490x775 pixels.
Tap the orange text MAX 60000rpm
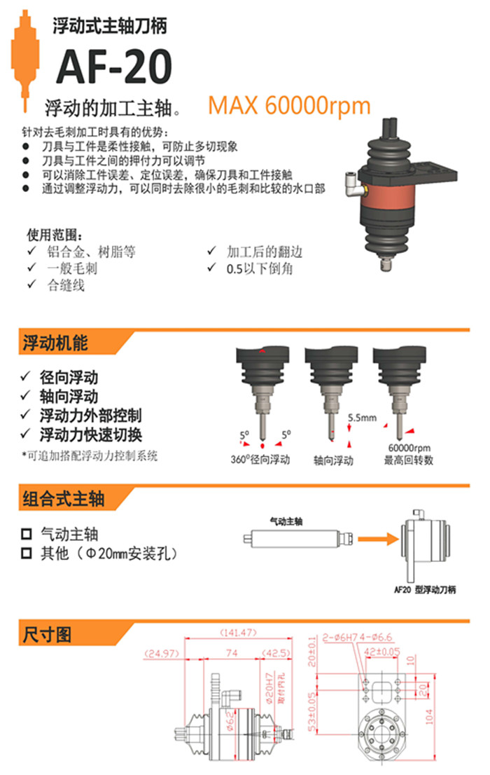[289, 106]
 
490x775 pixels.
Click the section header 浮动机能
[55, 343]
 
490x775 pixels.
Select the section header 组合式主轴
[64, 498]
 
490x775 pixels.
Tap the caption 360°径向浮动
[260, 460]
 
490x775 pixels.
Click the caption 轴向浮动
[333, 460]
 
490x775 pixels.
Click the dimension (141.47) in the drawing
[238, 633]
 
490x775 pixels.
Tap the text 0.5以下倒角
[258, 268]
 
